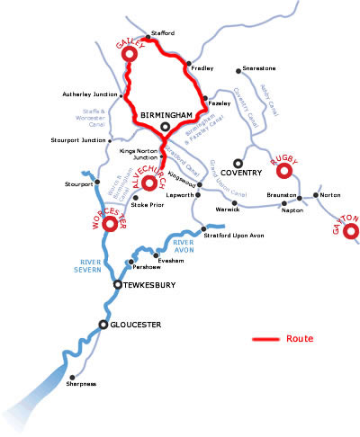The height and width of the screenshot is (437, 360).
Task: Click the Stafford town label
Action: click(164, 32)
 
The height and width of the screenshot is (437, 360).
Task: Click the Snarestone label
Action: click(259, 69)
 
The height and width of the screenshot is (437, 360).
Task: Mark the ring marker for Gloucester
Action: click(103, 324)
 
